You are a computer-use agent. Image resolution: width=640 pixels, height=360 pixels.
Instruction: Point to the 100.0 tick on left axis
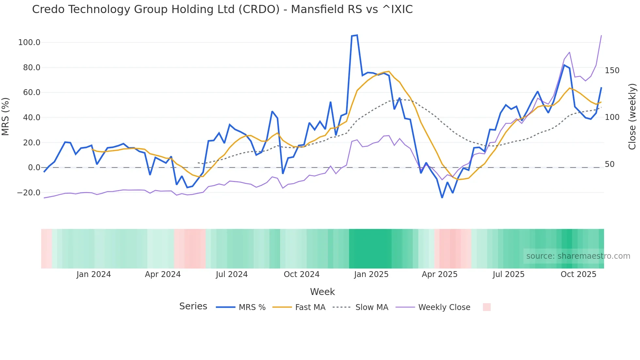click(x=29, y=42)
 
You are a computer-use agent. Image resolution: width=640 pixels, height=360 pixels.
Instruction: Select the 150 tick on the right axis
click(x=612, y=71)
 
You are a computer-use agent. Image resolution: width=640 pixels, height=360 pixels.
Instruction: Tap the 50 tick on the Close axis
click(x=610, y=164)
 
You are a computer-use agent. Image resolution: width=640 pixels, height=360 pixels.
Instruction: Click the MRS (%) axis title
click(x=5, y=117)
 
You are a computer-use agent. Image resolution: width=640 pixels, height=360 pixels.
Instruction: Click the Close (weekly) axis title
click(x=632, y=117)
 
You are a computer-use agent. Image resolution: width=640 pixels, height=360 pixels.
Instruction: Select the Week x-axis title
click(x=322, y=292)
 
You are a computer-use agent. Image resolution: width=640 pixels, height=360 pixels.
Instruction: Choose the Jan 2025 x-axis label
click(x=371, y=274)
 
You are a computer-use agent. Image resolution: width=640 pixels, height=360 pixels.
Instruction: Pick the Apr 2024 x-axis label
click(x=163, y=274)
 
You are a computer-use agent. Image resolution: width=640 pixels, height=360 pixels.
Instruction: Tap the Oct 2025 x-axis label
click(x=578, y=274)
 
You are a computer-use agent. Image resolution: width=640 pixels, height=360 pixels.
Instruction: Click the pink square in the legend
click(x=487, y=307)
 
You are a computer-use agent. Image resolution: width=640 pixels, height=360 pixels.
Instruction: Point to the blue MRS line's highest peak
click(x=357, y=35)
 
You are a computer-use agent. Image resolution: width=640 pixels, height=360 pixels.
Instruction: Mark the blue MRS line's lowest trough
click(x=442, y=197)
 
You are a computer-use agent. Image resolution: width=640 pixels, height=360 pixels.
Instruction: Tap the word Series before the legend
click(x=193, y=306)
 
